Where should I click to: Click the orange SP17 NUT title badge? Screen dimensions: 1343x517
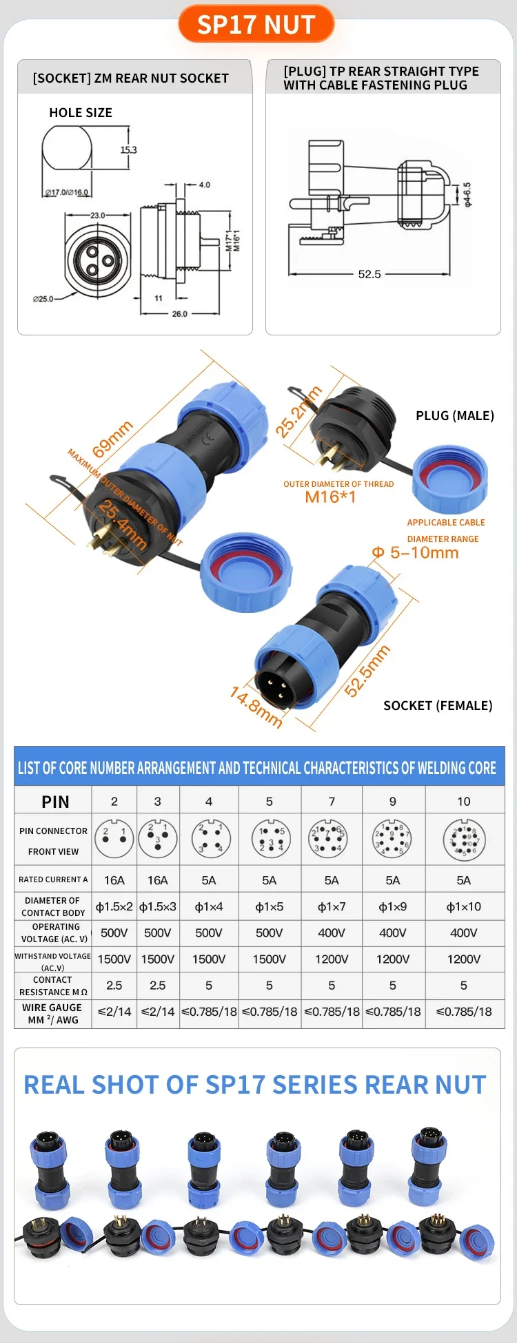click(x=256, y=25)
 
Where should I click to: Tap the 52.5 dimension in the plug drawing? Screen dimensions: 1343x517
click(x=369, y=274)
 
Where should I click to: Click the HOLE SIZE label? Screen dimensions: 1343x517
click(x=81, y=113)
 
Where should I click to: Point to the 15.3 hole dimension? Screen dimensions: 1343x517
click(x=129, y=150)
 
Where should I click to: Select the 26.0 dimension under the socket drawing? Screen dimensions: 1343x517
click(x=179, y=314)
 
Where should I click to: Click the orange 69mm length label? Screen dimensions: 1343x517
click(x=112, y=439)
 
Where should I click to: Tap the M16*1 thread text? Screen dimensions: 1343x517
click(x=330, y=497)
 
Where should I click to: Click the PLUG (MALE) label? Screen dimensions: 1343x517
click(x=455, y=416)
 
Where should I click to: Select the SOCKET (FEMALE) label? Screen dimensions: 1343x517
click(x=438, y=706)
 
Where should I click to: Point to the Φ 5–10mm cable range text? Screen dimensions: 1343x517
click(x=415, y=553)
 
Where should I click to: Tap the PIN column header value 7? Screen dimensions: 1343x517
click(x=332, y=802)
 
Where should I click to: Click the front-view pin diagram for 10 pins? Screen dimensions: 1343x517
click(x=464, y=840)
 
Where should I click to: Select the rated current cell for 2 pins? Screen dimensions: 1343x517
click(x=114, y=880)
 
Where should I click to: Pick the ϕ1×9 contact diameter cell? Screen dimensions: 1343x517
click(x=392, y=907)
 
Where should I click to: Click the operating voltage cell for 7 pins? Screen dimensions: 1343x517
click(x=332, y=933)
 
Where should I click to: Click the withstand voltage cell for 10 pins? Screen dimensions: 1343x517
click(x=464, y=959)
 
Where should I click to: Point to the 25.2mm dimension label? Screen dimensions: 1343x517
click(x=298, y=413)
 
